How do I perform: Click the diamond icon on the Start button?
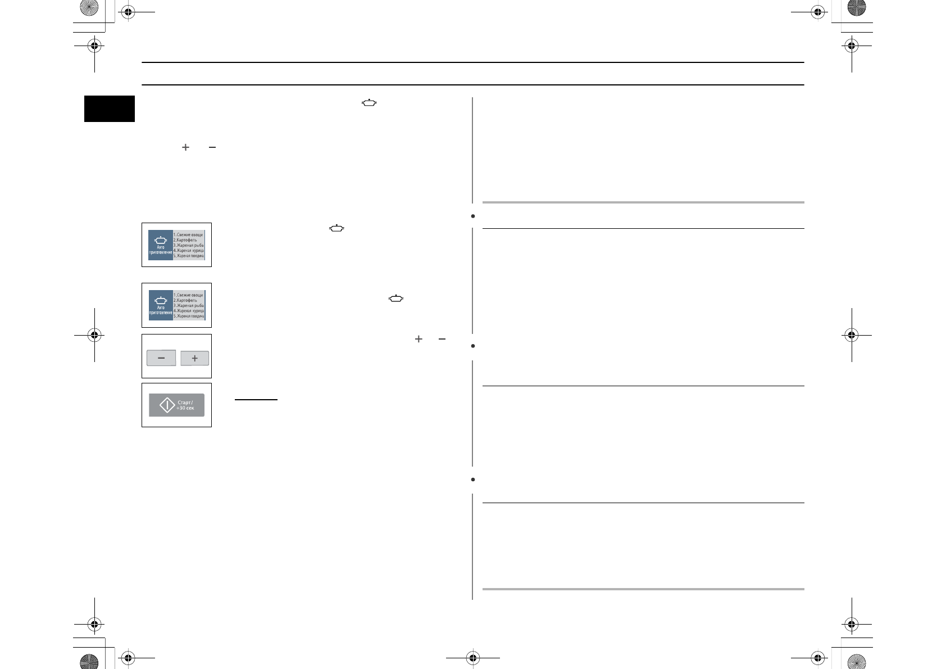167,405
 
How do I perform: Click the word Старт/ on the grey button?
185,403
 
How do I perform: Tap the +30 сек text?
185,408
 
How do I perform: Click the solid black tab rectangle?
110,109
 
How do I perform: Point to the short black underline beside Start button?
256,400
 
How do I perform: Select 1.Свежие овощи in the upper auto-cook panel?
188,234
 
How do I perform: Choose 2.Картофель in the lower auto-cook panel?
185,300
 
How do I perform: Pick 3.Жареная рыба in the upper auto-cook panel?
188,245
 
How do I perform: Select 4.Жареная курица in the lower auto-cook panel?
188,311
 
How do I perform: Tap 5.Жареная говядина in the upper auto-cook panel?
188,256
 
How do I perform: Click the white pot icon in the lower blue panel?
161,300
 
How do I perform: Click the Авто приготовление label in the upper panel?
161,250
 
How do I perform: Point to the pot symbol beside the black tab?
369,103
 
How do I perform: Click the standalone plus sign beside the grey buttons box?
419,339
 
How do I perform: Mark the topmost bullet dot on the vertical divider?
473,216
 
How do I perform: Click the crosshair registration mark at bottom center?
472,657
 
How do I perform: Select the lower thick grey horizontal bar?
643,589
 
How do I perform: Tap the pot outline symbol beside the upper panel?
336,228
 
